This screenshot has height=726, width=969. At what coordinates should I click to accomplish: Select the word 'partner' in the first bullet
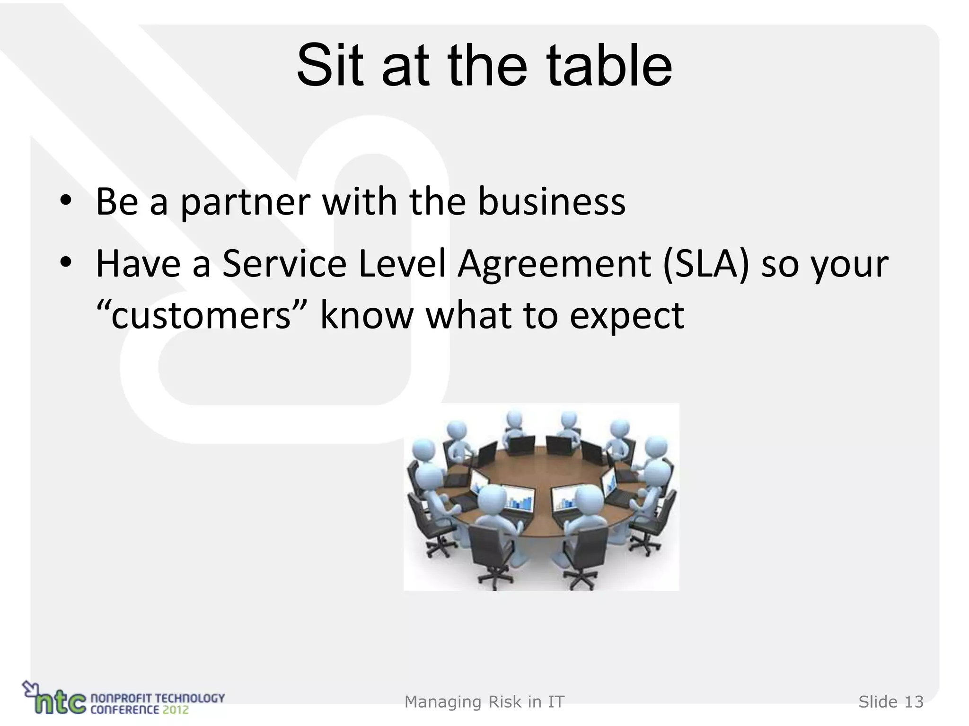coord(246,202)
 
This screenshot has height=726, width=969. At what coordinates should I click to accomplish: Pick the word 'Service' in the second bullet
coord(284,263)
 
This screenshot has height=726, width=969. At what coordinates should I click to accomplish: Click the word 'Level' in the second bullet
coord(403,263)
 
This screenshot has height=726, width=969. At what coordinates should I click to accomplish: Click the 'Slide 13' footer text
coord(891,702)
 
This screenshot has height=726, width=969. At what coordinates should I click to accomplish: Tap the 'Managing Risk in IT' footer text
coord(484,702)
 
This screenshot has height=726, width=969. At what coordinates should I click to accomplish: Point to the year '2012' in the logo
coord(175,709)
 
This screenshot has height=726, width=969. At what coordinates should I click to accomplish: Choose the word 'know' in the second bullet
coord(367,315)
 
